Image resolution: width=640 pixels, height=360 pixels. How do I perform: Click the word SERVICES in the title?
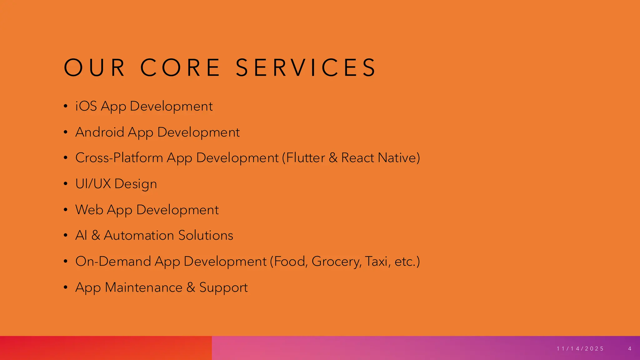[x=306, y=67]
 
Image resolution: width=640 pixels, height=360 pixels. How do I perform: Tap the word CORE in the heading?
[x=180, y=67]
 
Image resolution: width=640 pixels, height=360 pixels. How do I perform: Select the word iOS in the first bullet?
[x=86, y=106]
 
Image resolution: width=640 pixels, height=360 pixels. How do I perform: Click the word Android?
[x=100, y=132]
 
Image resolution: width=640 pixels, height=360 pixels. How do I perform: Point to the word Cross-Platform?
[x=119, y=158]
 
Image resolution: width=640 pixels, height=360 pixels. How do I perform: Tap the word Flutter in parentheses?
[x=306, y=158]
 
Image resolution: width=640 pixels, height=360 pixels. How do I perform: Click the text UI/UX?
[x=93, y=184]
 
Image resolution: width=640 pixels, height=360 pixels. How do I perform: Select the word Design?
[x=136, y=184]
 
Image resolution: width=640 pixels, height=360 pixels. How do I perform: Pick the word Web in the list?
[x=89, y=210]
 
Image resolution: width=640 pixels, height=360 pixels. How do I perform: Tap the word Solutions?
[x=206, y=235]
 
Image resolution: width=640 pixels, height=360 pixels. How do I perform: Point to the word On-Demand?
[x=113, y=261]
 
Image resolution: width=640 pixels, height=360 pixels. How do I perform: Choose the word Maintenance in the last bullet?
[x=143, y=287]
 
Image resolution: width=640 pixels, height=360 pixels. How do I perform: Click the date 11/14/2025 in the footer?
[x=580, y=349]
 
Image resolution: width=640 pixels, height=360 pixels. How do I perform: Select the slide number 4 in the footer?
[x=630, y=349]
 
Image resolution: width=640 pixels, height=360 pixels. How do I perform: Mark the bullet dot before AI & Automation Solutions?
[x=65, y=235]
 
